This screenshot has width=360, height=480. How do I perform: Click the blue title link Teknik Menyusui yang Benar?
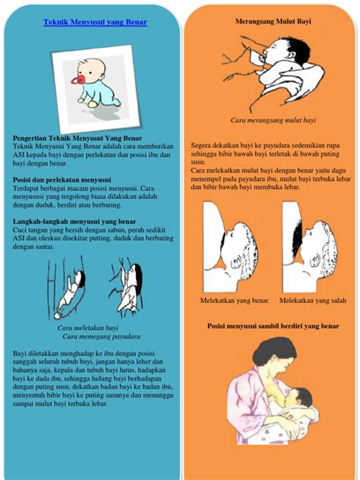pyautogui.click(x=95, y=22)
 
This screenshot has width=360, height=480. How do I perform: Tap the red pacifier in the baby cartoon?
pyautogui.click(x=78, y=81)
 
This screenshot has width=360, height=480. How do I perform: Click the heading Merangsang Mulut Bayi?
pyautogui.click(x=273, y=21)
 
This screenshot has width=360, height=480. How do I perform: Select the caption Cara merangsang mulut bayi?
pyautogui.click(x=273, y=120)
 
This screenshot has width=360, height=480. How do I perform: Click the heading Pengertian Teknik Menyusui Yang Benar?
pyautogui.click(x=77, y=138)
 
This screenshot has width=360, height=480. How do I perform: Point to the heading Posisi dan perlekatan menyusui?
pyautogui.click(x=62, y=180)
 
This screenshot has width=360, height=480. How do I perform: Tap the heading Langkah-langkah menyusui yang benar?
pyautogui.click(x=74, y=221)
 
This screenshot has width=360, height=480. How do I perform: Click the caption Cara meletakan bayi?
pyautogui.click(x=87, y=328)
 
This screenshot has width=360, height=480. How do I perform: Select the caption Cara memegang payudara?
pyautogui.click(x=101, y=336)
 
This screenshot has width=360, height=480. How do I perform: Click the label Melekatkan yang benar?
pyautogui.click(x=234, y=301)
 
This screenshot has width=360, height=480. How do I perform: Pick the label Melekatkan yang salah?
pyautogui.click(x=313, y=301)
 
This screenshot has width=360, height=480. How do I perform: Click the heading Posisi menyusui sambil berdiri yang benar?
pyautogui.click(x=273, y=326)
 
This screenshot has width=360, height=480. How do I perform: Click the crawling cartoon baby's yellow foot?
pyautogui.click(x=92, y=104)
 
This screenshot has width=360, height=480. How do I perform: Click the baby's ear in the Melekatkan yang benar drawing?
pyautogui.click(x=237, y=263)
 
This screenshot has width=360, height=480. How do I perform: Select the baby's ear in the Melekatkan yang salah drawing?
pyautogui.click(x=315, y=261)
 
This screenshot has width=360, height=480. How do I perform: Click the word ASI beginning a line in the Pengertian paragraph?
pyautogui.click(x=18, y=155)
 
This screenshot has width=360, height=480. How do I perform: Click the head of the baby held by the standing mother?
pyautogui.click(x=298, y=398)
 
